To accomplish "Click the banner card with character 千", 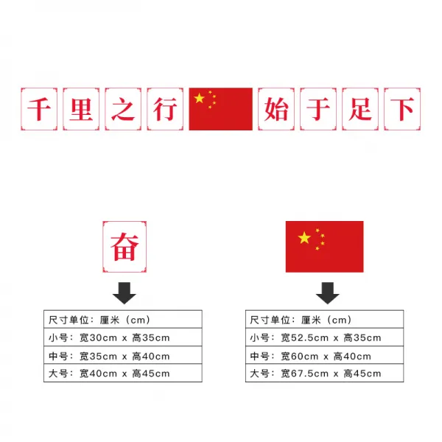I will point(38,109).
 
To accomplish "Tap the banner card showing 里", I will point(80,109).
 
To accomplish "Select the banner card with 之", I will point(122,109).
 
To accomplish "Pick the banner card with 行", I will point(164,109).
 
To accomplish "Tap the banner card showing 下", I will point(403,109).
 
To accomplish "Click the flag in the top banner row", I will point(220,109).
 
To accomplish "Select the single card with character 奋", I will point(124,247).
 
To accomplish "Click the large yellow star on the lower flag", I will point(304,237).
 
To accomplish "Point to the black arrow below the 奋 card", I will point(124,292).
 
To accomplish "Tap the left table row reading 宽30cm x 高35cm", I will point(122,337).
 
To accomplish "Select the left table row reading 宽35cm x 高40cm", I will point(122,356).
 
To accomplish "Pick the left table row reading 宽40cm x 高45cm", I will point(122,373).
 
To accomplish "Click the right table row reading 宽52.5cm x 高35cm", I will point(324,337).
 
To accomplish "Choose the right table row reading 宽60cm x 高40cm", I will point(324,356).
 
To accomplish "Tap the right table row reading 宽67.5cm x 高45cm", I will point(324,373).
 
